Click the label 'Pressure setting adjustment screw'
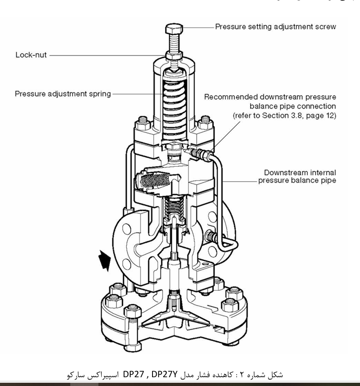click(x=275, y=26)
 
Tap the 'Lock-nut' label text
click(x=31, y=55)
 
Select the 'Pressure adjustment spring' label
click(x=63, y=94)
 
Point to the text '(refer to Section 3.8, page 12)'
click(x=284, y=115)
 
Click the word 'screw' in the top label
click(x=325, y=26)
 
